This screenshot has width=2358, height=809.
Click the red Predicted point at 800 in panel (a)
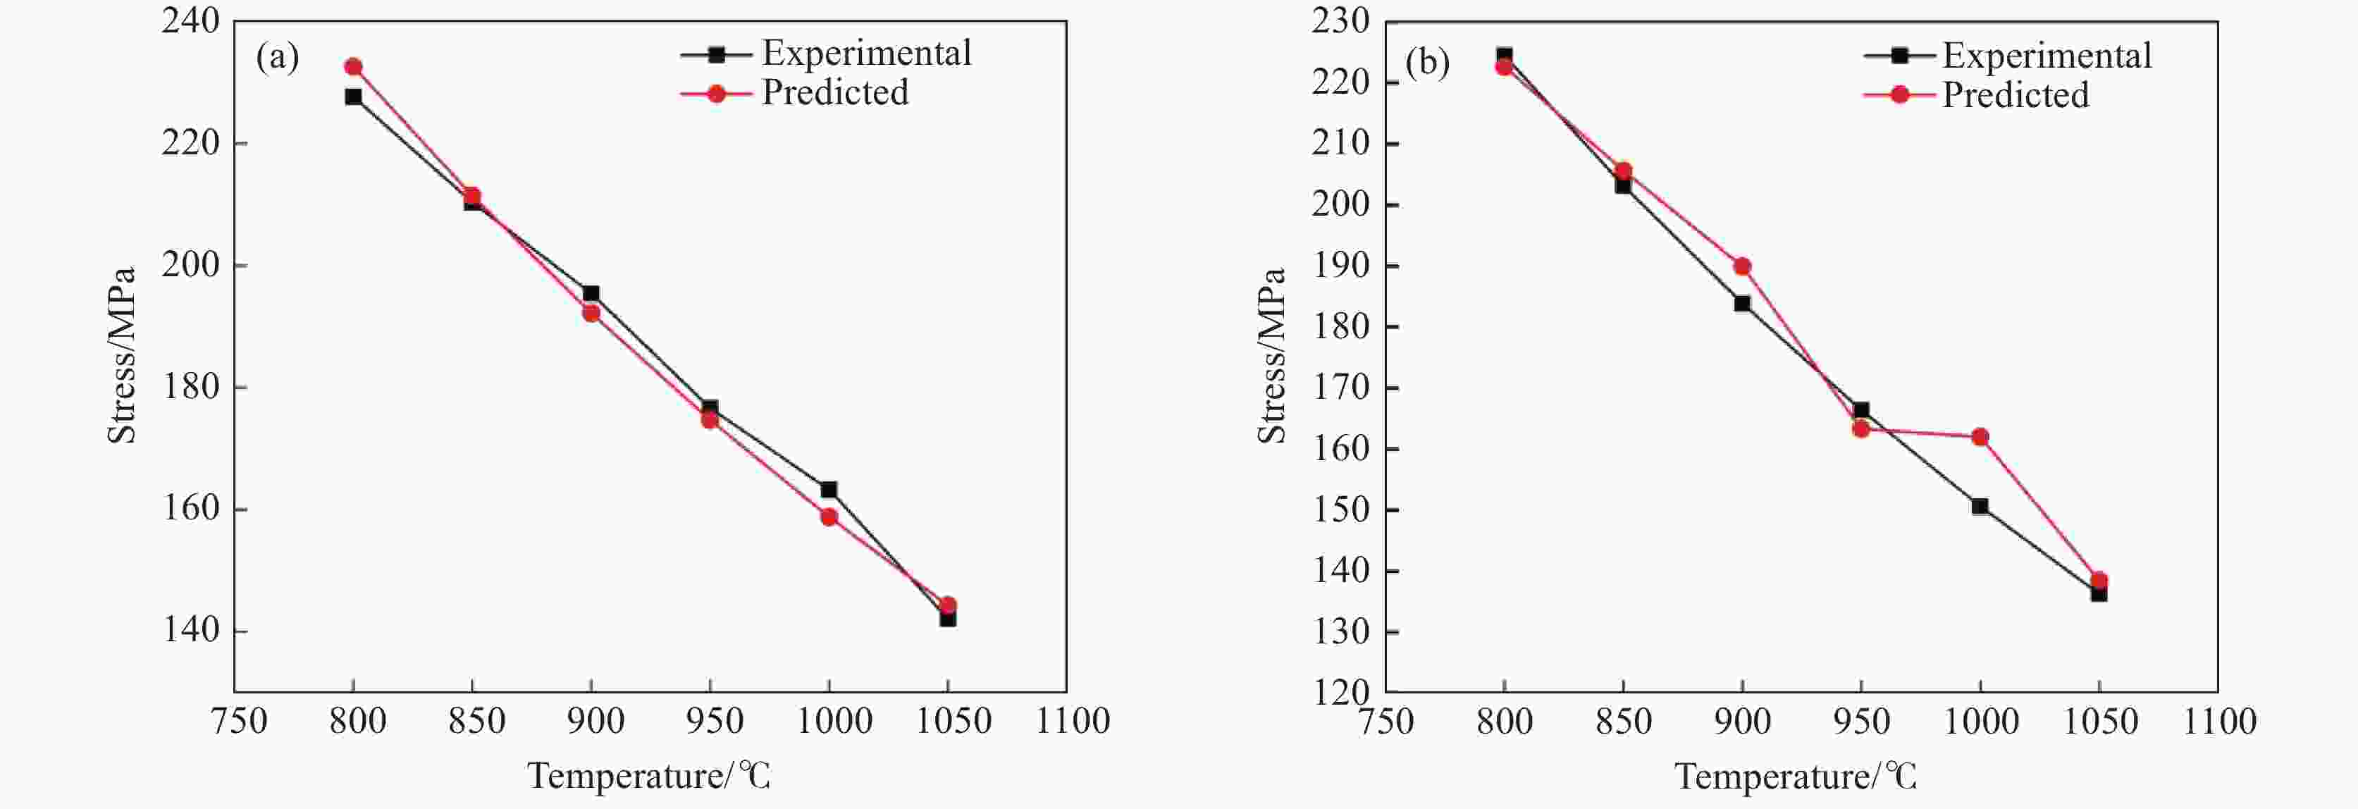(x=353, y=67)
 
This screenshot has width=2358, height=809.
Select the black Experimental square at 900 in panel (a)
(x=591, y=294)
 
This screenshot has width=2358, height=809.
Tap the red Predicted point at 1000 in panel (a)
(x=829, y=517)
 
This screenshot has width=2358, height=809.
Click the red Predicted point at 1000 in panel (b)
(x=1980, y=438)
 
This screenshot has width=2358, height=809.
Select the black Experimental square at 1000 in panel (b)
(x=1980, y=506)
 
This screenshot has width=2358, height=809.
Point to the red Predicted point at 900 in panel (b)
(x=1742, y=266)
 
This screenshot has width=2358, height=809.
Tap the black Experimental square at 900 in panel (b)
(x=1742, y=304)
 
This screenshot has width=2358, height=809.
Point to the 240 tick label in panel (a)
(x=190, y=20)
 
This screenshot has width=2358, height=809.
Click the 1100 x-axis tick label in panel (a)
(x=1072, y=721)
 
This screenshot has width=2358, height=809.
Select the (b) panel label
(x=1427, y=63)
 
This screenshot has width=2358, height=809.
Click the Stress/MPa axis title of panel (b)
(x=1271, y=356)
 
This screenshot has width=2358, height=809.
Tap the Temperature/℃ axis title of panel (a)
(x=648, y=776)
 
